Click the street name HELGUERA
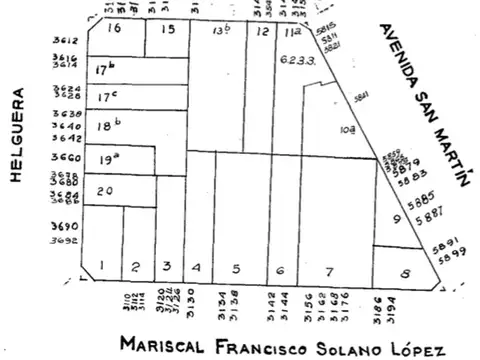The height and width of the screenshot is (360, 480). click(x=16, y=136)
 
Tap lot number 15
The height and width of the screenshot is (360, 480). click(x=167, y=29)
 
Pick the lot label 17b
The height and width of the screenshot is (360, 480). click(x=107, y=71)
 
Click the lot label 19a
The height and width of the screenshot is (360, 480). click(x=108, y=159)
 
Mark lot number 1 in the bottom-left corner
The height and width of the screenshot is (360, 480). click(x=102, y=267)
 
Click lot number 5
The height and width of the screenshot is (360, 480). click(x=234, y=267)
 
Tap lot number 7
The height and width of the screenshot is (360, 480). click(x=328, y=271)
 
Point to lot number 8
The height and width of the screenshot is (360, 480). click(x=404, y=272)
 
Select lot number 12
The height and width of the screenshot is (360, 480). click(x=261, y=32)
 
